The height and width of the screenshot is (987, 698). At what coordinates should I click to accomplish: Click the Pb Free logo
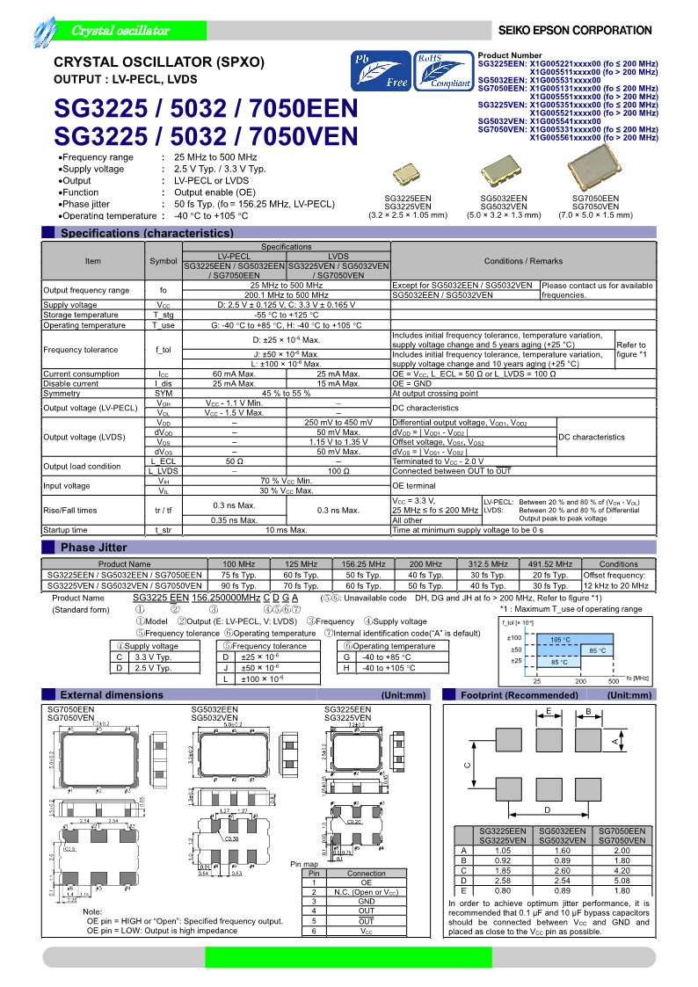point(381,70)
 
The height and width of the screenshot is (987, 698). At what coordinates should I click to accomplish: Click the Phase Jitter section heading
point(94,548)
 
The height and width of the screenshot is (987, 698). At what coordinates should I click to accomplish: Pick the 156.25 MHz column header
point(363,564)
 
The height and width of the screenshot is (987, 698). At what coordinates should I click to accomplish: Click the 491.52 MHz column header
point(550,564)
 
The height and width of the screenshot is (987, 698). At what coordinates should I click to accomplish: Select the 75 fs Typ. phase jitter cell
point(237,575)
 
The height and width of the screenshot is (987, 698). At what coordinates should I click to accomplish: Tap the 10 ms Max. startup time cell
point(286,530)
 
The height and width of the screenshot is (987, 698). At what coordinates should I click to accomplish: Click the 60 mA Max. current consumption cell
point(234,374)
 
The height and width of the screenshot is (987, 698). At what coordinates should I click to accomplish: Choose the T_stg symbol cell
point(163,315)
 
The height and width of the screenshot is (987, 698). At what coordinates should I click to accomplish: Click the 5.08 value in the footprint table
point(621,881)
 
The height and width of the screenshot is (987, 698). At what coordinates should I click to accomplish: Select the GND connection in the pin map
point(366,902)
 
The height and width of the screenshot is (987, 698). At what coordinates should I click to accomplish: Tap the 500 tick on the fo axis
point(613,681)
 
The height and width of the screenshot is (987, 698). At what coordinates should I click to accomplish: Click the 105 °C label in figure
point(560,640)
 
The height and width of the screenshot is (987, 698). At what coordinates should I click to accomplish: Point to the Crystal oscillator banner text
point(120,31)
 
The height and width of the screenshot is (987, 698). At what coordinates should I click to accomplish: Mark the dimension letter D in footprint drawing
point(547,809)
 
